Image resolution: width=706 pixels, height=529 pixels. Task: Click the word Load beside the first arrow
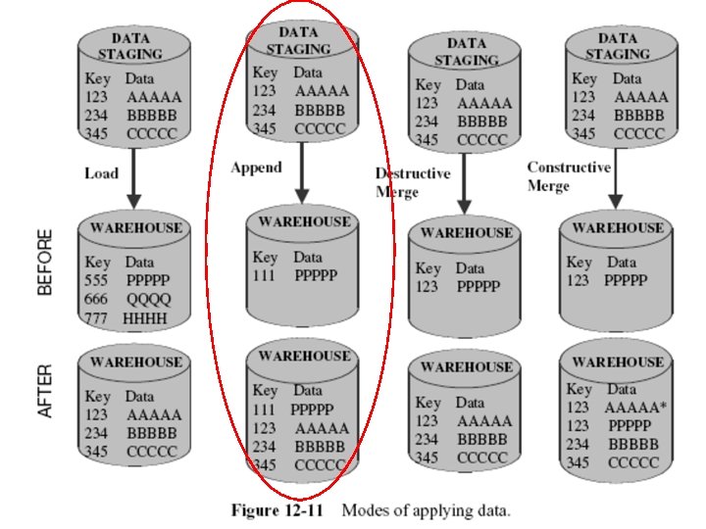(x=101, y=173)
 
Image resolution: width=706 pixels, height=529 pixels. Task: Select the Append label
(x=256, y=168)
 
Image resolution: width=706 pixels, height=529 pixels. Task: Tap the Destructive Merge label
(x=413, y=182)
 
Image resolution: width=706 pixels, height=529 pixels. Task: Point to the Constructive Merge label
(x=569, y=176)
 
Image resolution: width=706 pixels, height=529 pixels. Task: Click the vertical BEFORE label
(x=44, y=263)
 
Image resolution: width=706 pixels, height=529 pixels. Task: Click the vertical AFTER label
(x=44, y=392)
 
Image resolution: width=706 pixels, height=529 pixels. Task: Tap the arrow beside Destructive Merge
(x=461, y=186)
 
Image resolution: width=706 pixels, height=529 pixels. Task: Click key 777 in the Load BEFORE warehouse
(x=97, y=317)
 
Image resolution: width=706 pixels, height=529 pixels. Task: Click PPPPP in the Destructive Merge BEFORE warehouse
(x=478, y=286)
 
